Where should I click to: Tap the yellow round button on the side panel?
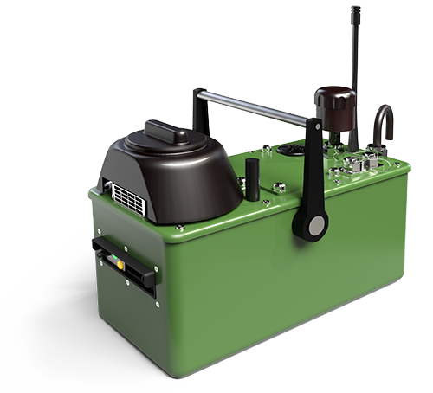110,256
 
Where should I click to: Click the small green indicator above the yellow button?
107,249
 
